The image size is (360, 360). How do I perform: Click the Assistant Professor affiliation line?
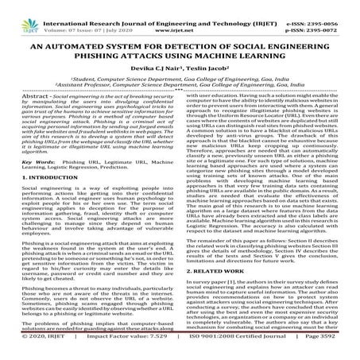(179, 88)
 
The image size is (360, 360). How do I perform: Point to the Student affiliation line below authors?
(179, 81)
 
